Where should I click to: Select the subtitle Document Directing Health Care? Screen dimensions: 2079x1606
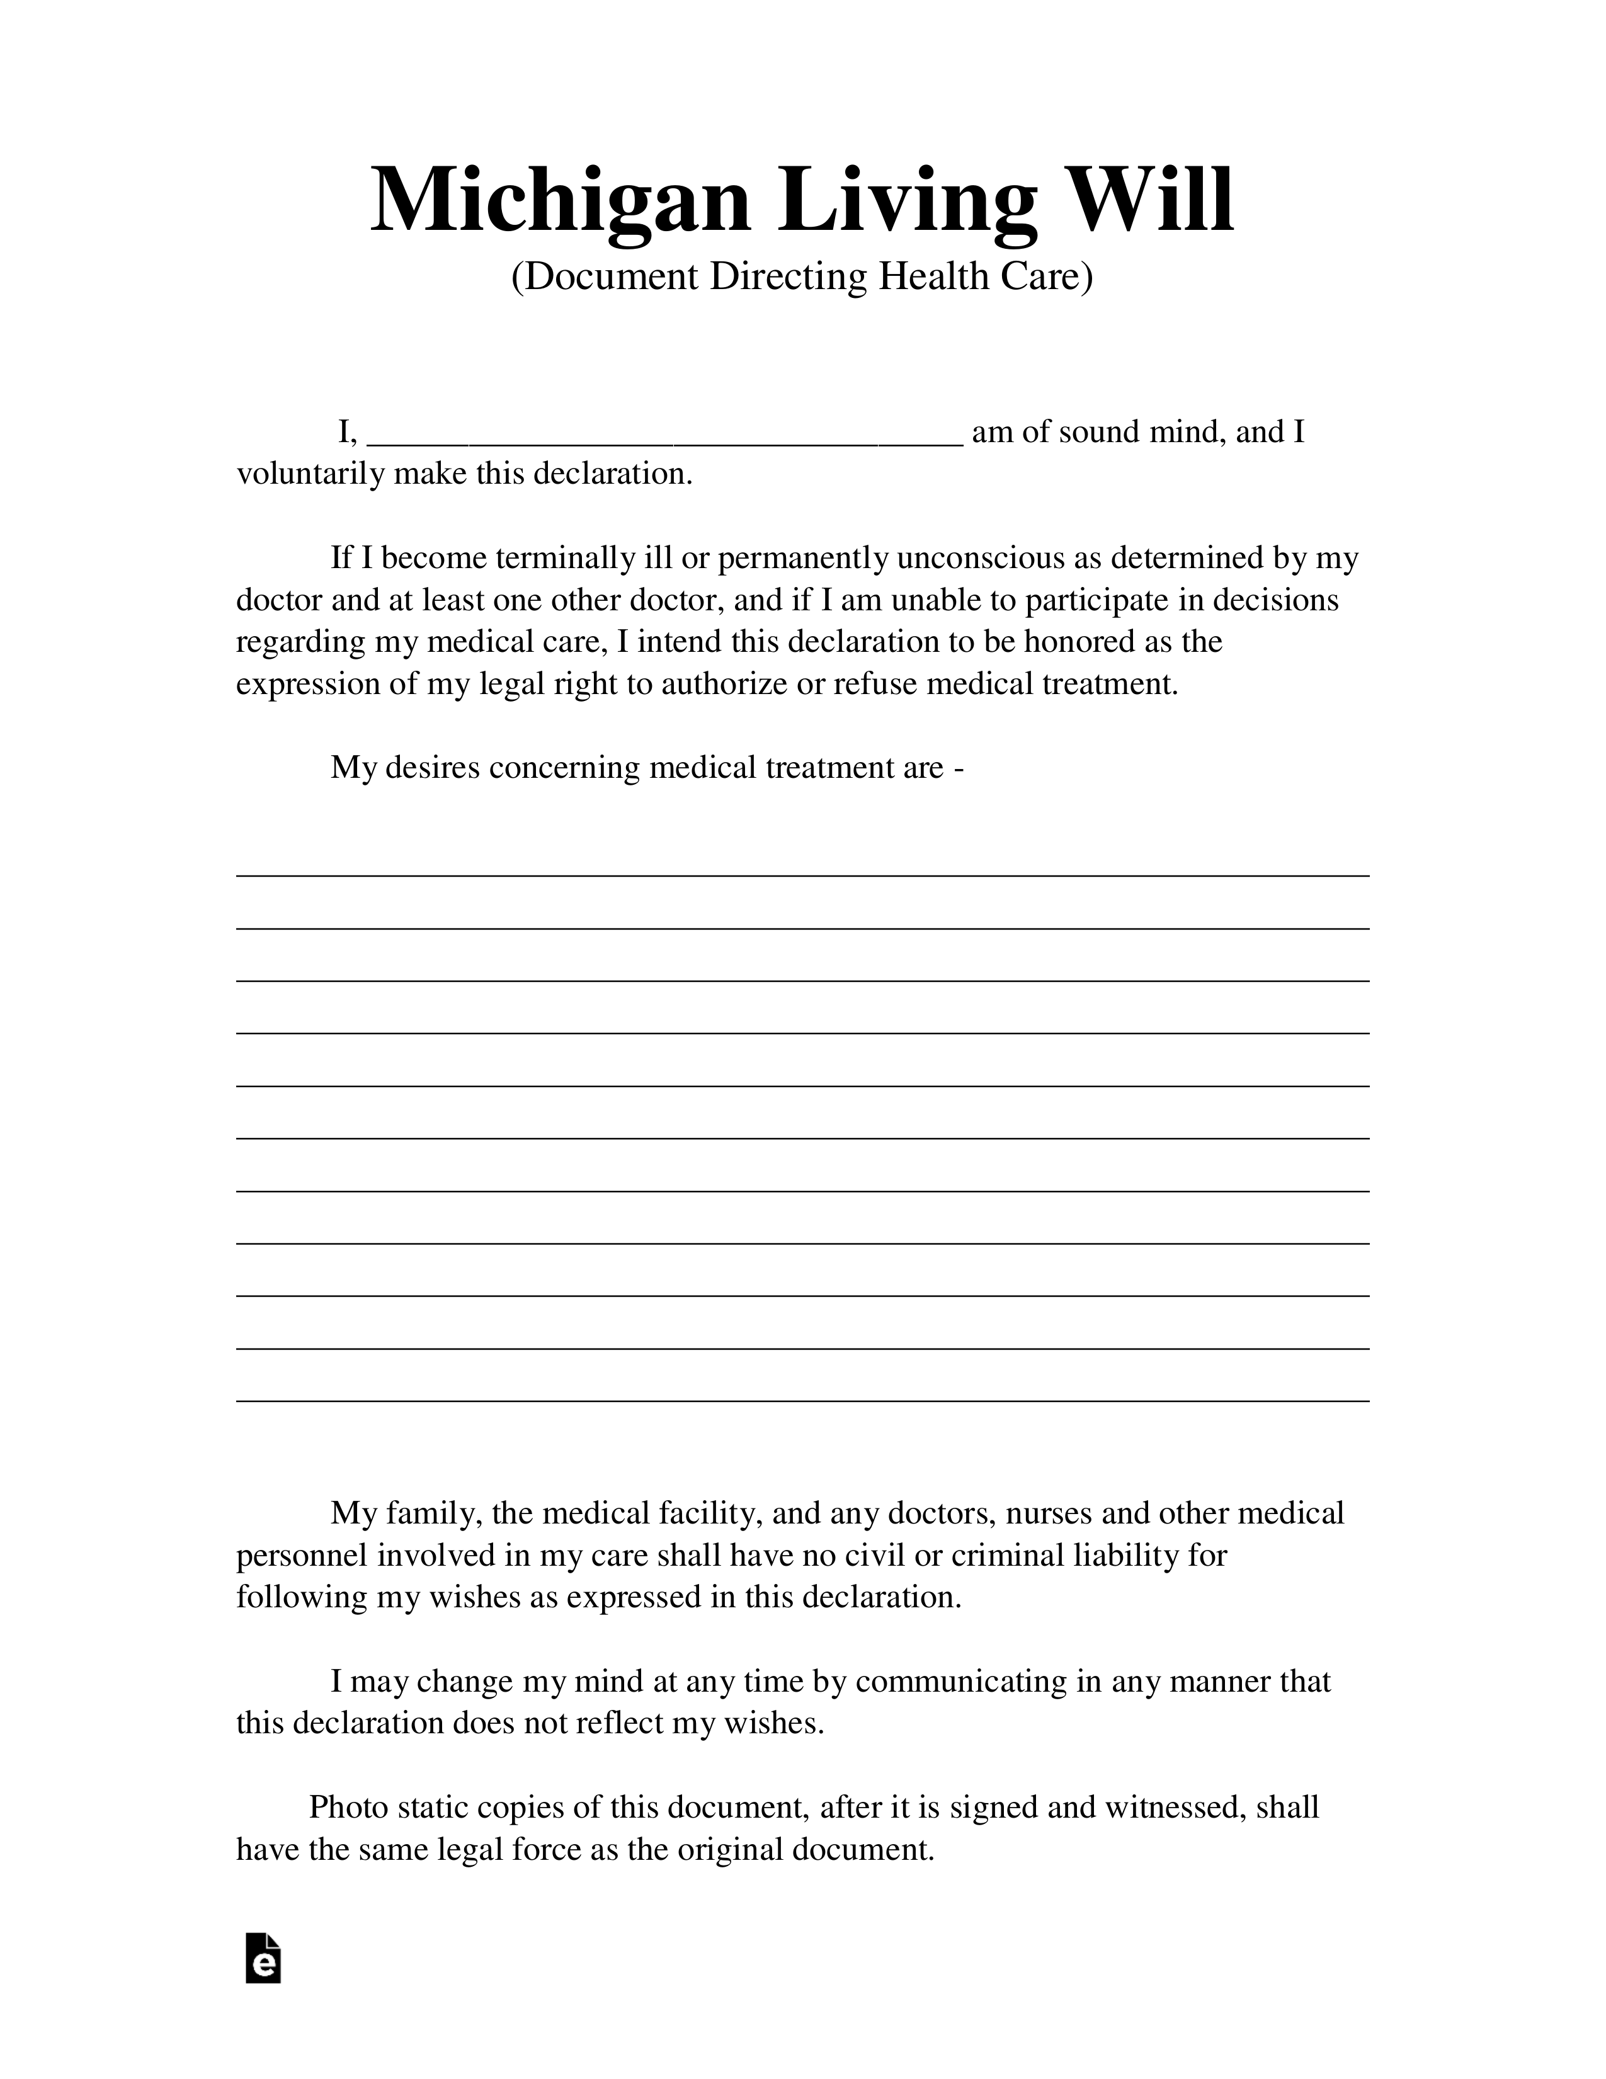(x=802, y=277)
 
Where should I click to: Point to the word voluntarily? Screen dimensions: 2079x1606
(x=310, y=474)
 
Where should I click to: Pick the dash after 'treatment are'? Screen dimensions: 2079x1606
(x=958, y=767)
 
